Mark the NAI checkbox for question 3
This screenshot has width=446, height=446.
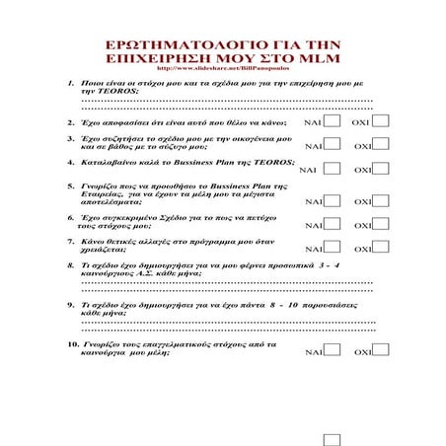(x=334, y=144)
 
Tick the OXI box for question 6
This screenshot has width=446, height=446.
(x=380, y=223)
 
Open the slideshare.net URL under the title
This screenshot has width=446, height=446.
(x=222, y=72)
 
